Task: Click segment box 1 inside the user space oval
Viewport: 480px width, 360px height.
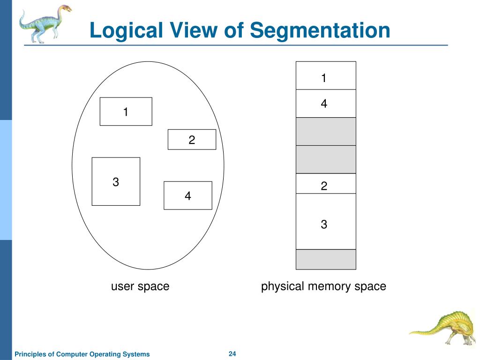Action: coord(126,112)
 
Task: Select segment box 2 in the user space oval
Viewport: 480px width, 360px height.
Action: coord(192,140)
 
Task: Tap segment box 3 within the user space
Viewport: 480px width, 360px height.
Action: coord(116,181)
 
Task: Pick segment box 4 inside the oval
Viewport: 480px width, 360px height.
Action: coord(187,195)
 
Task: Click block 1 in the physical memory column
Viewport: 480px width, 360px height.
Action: coord(326,76)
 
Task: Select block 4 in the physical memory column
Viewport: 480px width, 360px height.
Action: coord(326,103)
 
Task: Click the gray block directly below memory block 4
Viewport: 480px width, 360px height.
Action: coord(326,131)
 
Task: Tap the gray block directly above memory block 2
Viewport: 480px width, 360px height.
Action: coord(326,159)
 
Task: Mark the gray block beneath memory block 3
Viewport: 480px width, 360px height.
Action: coord(326,259)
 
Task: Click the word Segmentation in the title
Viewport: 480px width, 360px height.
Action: coord(320,31)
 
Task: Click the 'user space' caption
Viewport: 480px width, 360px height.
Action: coord(140,286)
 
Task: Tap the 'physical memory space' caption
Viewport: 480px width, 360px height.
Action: coord(323,286)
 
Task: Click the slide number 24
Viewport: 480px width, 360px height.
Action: coord(232,353)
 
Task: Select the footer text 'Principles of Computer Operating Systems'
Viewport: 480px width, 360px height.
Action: coord(82,354)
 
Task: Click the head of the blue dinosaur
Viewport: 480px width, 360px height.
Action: coord(65,9)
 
